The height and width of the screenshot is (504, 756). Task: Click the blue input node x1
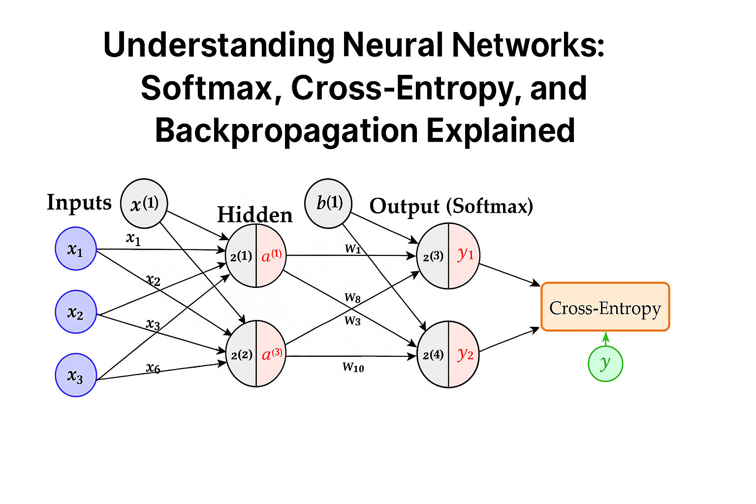[x=75, y=249]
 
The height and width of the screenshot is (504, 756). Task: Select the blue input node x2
[x=75, y=312]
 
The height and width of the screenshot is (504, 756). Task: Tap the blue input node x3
[x=75, y=376]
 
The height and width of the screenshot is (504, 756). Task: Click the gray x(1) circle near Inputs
[x=144, y=203]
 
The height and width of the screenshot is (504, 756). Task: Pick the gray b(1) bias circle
[x=328, y=203]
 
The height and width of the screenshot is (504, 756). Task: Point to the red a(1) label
[x=271, y=255]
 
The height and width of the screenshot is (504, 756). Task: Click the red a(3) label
[x=272, y=354]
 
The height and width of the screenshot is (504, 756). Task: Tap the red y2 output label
[x=465, y=354]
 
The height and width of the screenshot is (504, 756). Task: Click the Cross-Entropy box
[x=605, y=307]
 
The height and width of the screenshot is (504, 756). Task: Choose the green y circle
[x=605, y=364]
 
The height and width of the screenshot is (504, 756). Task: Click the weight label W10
[x=353, y=367]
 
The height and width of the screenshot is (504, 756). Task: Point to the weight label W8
[x=352, y=297]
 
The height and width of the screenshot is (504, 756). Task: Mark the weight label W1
[x=353, y=249]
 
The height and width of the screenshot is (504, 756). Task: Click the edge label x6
[x=153, y=368]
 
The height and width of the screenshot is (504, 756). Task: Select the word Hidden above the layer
[x=255, y=215]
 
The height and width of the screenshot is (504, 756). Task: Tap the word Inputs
[x=79, y=202]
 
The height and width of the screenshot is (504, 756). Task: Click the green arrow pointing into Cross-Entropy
[x=606, y=339]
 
